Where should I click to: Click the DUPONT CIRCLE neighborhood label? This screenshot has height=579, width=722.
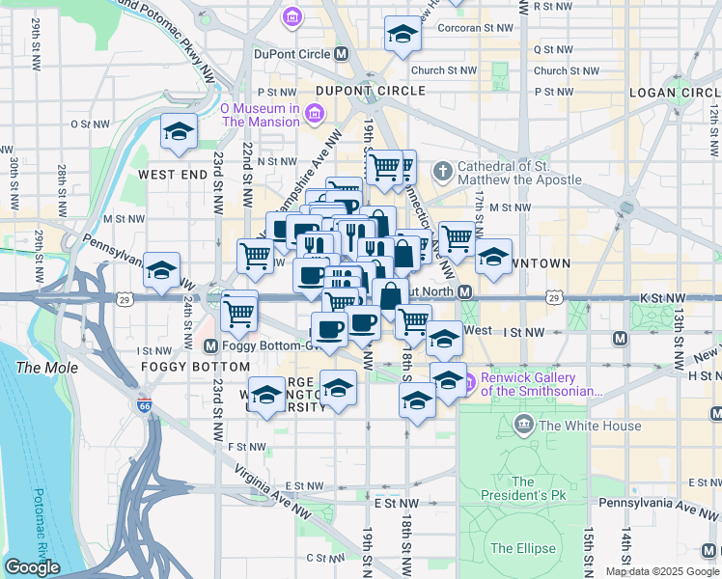pyautogui.click(x=371, y=91)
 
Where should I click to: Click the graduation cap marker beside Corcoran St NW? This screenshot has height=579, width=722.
pyautogui.click(x=402, y=35)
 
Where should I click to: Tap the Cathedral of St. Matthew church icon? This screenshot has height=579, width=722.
pyautogui.click(x=443, y=172)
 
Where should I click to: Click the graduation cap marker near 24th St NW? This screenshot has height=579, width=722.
pyautogui.click(x=161, y=270)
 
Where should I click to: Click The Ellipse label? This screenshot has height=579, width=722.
pyautogui.click(x=522, y=548)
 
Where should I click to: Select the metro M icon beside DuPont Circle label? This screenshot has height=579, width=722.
pyautogui.click(x=341, y=55)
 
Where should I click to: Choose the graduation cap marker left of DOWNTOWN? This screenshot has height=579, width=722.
pyautogui.click(x=493, y=257)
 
